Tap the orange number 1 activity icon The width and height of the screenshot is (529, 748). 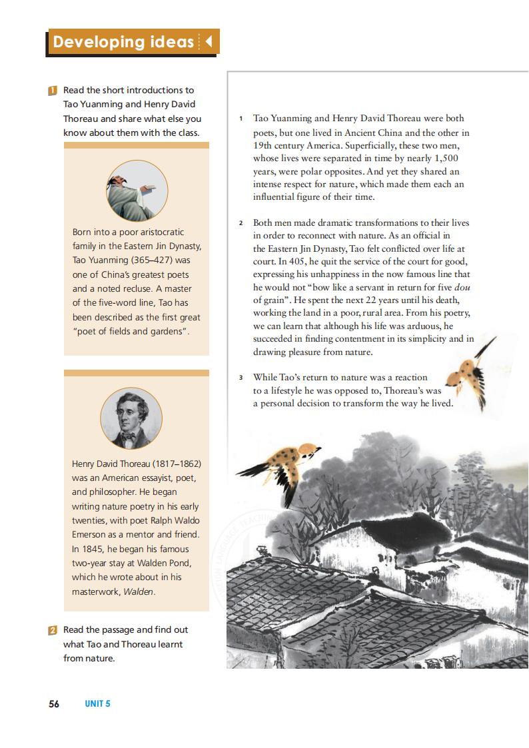click(x=53, y=90)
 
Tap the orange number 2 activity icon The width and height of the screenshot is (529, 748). click(x=53, y=629)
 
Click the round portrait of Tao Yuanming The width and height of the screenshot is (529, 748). click(x=137, y=190)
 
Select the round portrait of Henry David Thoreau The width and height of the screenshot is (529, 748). click(x=131, y=419)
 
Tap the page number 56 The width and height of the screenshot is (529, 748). click(x=54, y=703)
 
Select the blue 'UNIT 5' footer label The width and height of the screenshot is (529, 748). click(x=97, y=703)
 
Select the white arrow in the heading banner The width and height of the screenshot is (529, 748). click(x=208, y=42)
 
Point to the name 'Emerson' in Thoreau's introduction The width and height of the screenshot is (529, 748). click(x=90, y=534)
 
